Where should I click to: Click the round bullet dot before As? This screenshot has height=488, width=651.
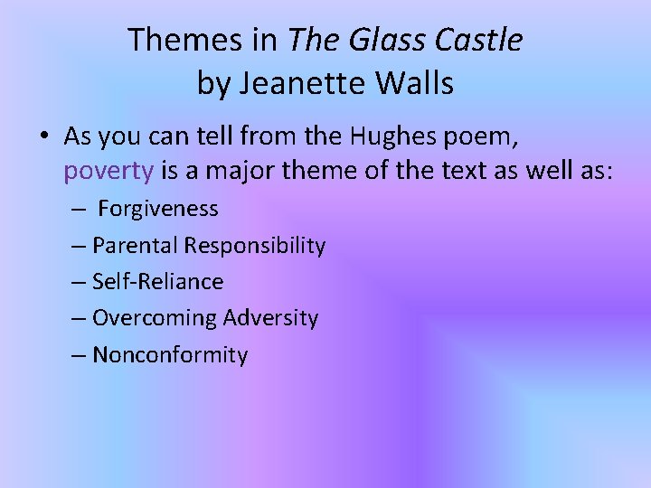click(43, 137)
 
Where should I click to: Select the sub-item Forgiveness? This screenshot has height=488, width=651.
click(158, 209)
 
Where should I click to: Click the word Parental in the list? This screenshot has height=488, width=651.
click(135, 245)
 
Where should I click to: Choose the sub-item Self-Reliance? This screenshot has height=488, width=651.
click(157, 282)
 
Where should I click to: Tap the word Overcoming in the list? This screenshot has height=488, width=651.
click(155, 318)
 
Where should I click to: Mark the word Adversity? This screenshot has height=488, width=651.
click(270, 318)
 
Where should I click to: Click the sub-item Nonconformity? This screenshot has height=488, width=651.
click(170, 355)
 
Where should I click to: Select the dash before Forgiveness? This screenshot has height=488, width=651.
click(80, 210)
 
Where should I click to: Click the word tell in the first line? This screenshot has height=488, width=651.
click(201, 136)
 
